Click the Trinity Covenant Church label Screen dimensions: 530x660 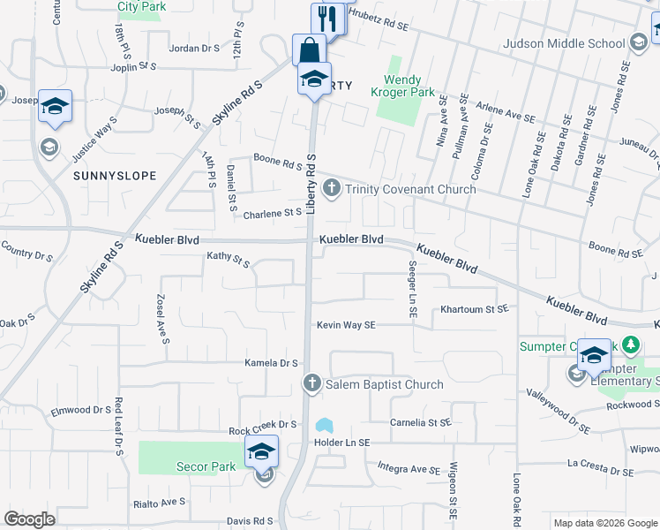(x=410, y=189)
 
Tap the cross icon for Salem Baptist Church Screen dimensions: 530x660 (x=311, y=383)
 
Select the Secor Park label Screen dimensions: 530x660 (x=203, y=466)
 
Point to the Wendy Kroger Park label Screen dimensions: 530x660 (x=408, y=86)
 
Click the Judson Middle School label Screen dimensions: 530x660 (x=562, y=43)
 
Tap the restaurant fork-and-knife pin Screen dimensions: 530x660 (x=327, y=18)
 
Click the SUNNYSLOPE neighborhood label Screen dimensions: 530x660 (x=115, y=176)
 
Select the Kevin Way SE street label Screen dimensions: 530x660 (x=347, y=325)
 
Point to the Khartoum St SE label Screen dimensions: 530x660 (x=475, y=309)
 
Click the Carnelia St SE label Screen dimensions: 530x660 (x=421, y=423)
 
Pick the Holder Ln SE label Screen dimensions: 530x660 (x=341, y=443)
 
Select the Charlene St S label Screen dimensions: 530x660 (x=273, y=213)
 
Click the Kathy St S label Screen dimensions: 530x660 (x=229, y=259)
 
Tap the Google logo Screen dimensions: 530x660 (x=29, y=519)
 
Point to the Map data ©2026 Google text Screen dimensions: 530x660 (x=604, y=523)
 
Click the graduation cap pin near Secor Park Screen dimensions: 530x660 (x=261, y=451)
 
